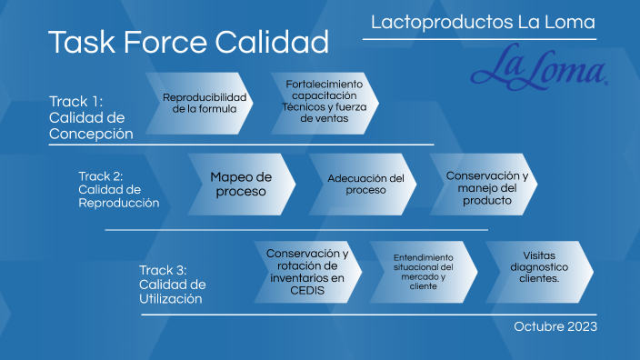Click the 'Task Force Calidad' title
click(x=188, y=42)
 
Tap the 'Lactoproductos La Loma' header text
click(x=483, y=22)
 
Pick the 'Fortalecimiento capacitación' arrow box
click(x=323, y=102)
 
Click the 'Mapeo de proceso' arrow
click(x=240, y=184)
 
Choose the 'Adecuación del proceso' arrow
click(x=365, y=184)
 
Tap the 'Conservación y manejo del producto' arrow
click(x=487, y=186)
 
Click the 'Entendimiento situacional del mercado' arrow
click(x=424, y=271)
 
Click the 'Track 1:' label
click(x=75, y=101)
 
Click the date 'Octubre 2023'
click(x=555, y=325)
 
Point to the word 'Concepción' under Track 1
click(x=91, y=134)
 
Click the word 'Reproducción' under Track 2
click(x=119, y=203)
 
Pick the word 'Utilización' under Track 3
click(x=171, y=298)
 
